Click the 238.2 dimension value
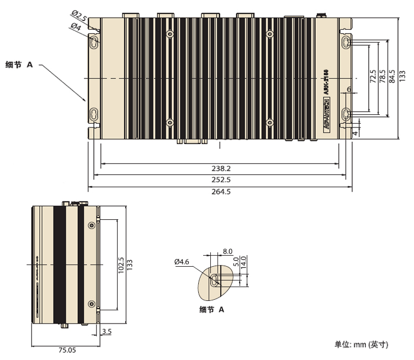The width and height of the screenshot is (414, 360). click(221, 168)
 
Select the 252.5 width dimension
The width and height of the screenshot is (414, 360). click(221, 180)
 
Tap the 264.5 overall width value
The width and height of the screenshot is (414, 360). click(221, 192)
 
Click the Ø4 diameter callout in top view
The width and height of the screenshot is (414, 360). click(76, 26)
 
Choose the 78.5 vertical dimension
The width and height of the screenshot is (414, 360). click(383, 77)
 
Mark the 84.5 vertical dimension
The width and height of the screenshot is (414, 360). click(392, 77)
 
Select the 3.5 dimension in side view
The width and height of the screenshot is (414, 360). click(107, 331)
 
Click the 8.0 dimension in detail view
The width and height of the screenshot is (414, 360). click(227, 252)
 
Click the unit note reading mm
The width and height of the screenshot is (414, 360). click(362, 345)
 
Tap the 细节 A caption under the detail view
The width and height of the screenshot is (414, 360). click(211, 310)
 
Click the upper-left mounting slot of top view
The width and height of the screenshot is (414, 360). click(94, 41)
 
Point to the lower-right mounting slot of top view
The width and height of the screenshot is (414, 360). click(346, 115)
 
